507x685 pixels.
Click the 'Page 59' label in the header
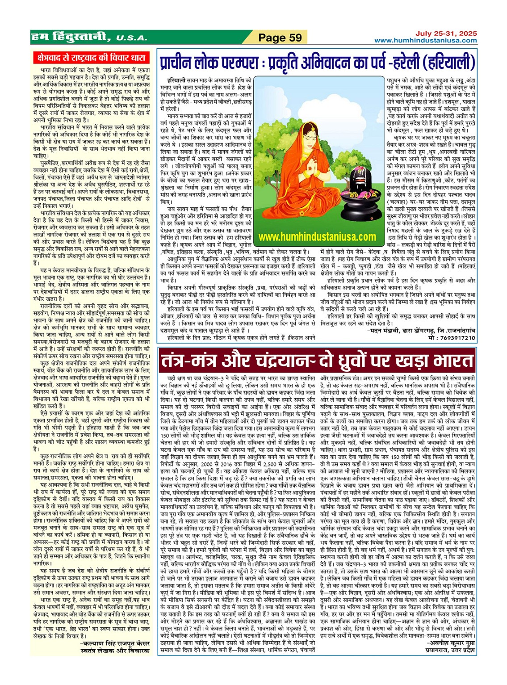[x=280, y=38]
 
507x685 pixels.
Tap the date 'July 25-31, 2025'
[x=446, y=34]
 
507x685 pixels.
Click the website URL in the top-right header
[x=425, y=41]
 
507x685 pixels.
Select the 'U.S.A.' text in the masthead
[x=132, y=38]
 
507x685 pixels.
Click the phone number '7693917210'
[x=457, y=338]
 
